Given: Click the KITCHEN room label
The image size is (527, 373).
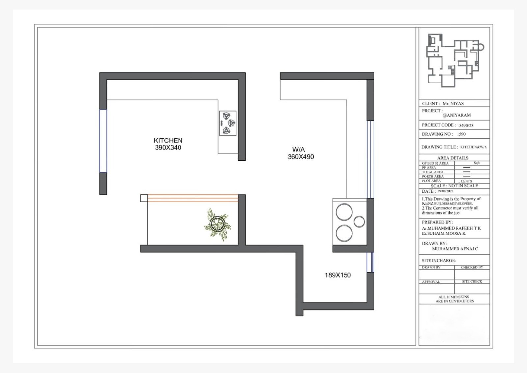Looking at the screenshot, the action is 168,140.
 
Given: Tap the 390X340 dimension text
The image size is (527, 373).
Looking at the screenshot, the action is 168,148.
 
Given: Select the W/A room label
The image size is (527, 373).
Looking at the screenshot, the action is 298,149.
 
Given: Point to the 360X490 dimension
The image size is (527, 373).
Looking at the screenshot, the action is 301,157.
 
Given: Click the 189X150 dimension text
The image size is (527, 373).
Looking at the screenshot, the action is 338,275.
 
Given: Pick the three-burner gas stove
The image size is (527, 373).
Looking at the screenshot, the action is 228,123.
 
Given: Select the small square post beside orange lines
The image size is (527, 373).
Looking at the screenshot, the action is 144,198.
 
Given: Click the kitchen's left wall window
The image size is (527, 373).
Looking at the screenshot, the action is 103,141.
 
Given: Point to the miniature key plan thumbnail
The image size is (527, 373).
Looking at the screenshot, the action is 455,60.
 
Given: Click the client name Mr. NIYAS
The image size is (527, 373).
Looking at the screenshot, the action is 453,104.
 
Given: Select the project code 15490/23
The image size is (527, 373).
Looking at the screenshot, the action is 465,125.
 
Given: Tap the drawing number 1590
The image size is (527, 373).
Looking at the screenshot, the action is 461,134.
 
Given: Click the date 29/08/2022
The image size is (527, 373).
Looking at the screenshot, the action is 445,191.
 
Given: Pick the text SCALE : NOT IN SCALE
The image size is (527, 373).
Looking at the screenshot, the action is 454,186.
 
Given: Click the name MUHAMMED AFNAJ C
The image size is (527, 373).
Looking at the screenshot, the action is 455,249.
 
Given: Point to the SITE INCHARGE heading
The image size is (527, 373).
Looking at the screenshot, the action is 438,260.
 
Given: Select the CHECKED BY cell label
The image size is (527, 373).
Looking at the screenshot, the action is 472,267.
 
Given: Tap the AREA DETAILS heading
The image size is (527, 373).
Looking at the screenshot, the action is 453,158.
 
